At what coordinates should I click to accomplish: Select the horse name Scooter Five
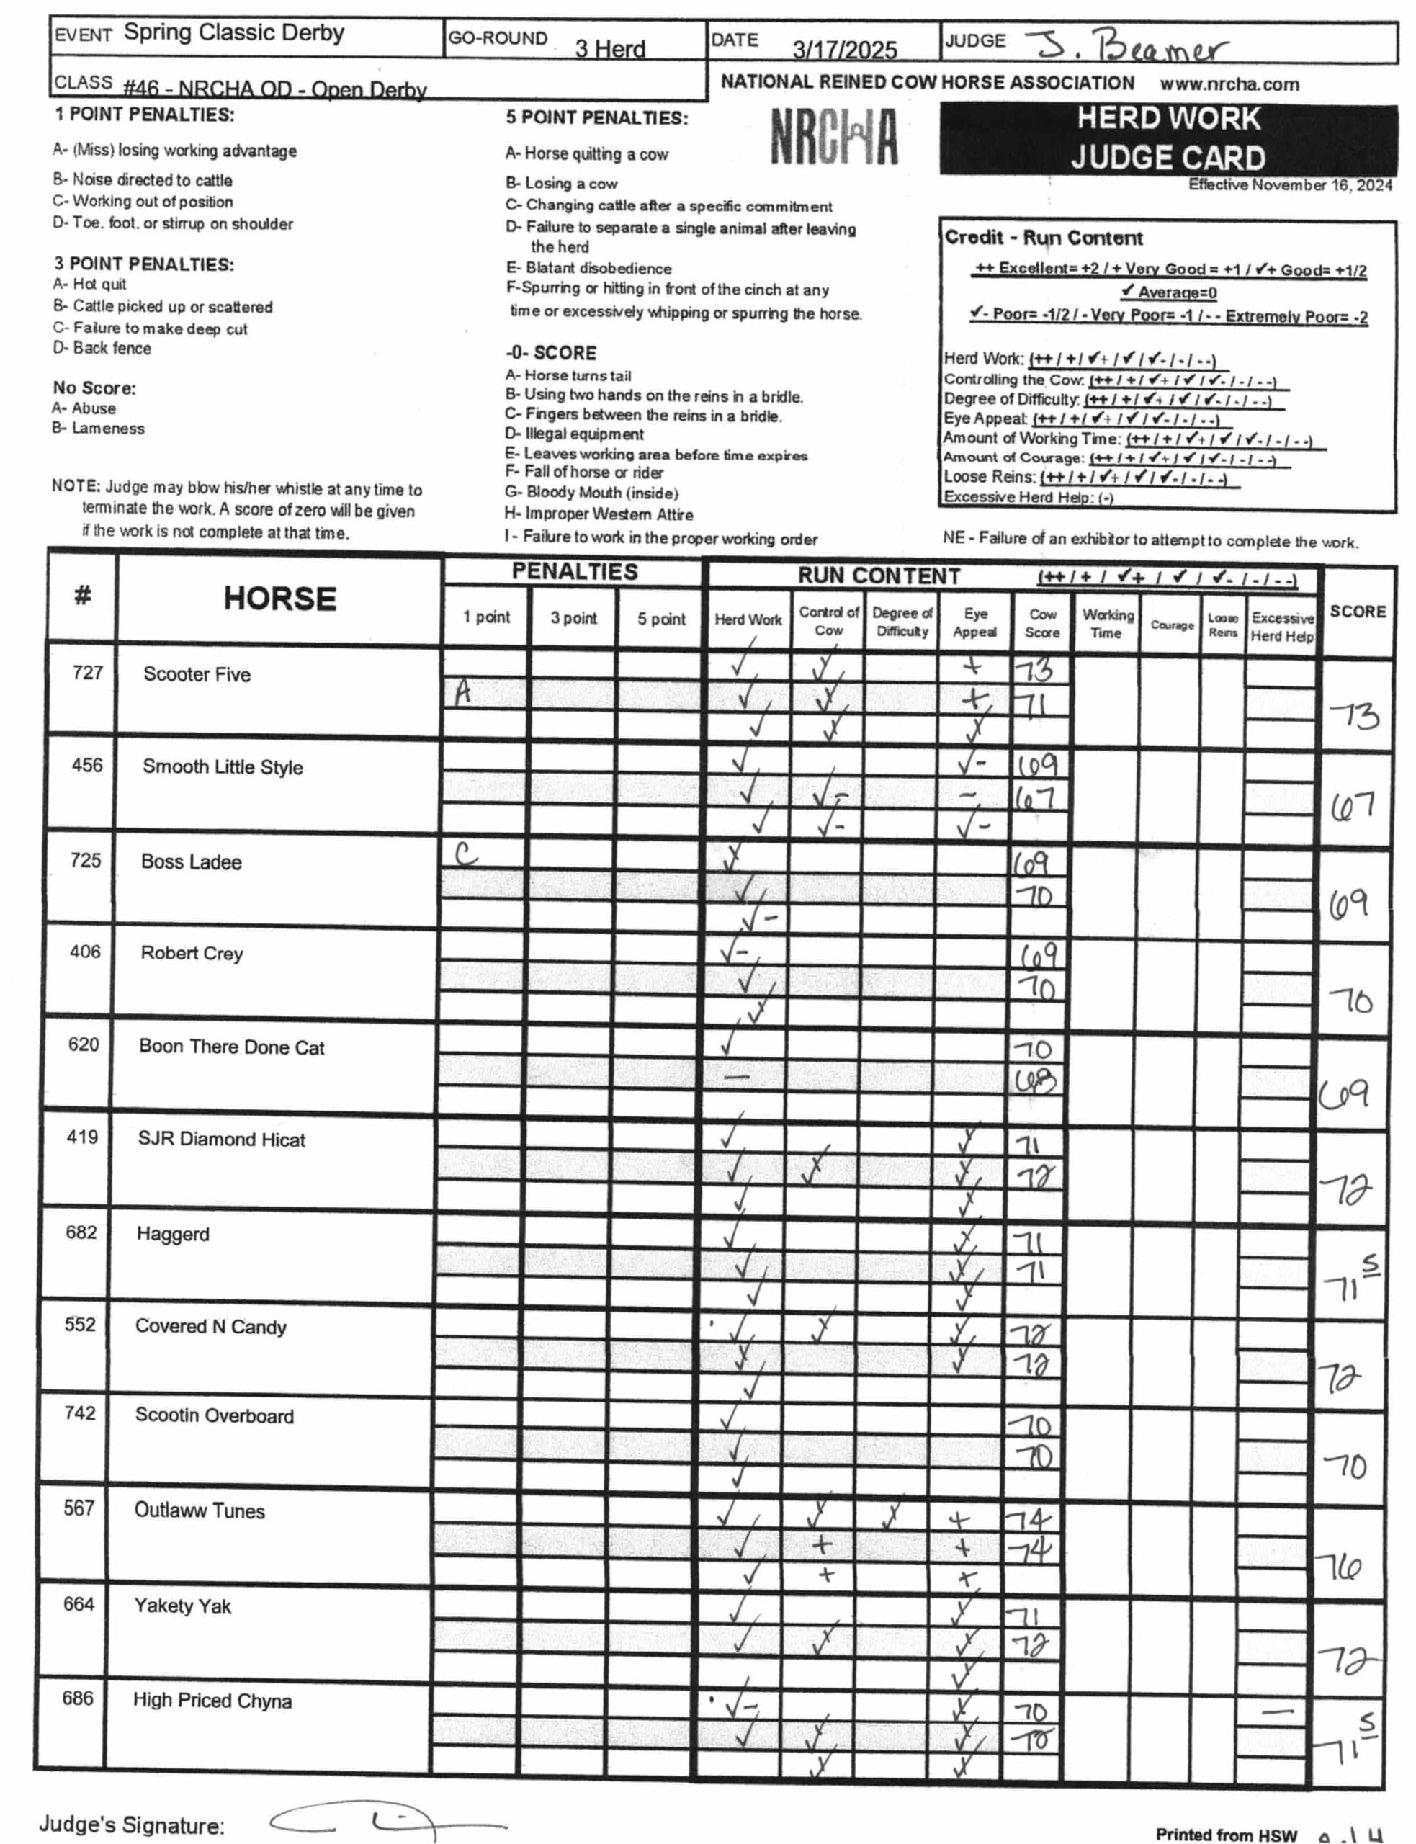pos(197,674)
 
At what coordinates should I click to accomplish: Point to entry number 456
pos(87,765)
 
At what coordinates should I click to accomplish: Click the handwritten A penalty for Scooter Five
pos(462,692)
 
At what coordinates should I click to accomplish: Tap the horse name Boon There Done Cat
pos(231,1047)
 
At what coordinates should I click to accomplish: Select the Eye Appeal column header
pos(975,623)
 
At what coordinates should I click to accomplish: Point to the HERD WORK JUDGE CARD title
pos(1168,138)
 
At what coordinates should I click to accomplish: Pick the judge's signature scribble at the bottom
pos(387,1823)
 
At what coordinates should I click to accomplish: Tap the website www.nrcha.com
pos(1229,84)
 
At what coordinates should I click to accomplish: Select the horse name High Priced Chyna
pos(212,1700)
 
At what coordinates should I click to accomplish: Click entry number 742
pos(80,1413)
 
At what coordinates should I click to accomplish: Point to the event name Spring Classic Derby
pos(233,33)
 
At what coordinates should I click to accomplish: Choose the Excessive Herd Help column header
pos(1281,627)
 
